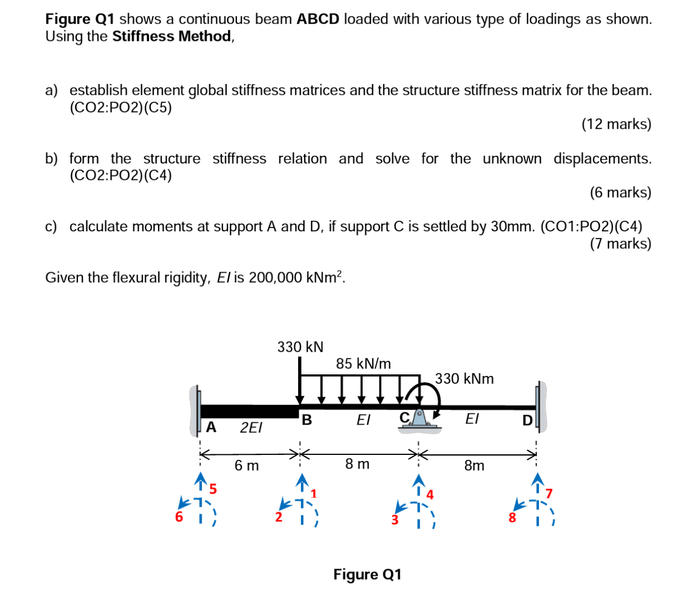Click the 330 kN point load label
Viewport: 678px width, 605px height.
[300, 347]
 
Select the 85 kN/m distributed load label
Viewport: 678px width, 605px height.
[363, 364]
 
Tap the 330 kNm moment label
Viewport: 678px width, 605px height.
[465, 379]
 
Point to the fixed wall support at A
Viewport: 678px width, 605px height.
[196, 410]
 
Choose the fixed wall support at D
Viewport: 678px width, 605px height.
[540, 407]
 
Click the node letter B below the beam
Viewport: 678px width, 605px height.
[307, 419]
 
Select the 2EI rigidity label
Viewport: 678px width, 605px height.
[250, 428]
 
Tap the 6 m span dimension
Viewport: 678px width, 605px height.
[247, 466]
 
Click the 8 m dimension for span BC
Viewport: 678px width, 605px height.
[357, 464]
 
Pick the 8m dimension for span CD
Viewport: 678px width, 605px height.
[474, 466]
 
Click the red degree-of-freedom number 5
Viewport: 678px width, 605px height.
[213, 489]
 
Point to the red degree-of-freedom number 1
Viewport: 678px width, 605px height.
[314, 494]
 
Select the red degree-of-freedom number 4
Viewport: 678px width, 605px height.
[430, 495]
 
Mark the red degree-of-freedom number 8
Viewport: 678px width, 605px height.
[512, 518]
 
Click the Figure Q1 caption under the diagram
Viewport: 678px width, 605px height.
[367, 574]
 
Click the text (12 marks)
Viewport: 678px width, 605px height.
[616, 124]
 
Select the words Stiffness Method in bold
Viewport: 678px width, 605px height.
[171, 36]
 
